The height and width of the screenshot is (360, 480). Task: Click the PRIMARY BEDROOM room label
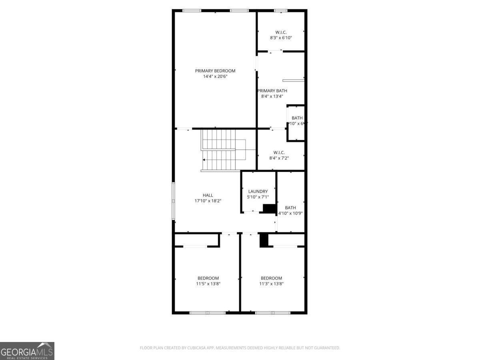pos(215,71)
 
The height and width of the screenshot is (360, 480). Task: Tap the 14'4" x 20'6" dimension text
pos(215,76)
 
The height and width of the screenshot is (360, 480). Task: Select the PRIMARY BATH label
pos(272,91)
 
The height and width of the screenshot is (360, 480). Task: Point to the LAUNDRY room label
pos(258,192)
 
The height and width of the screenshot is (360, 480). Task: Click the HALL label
pos(208,195)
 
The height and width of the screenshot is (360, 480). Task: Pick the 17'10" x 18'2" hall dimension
pos(208,201)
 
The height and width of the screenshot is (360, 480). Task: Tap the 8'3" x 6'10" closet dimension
pos(281,38)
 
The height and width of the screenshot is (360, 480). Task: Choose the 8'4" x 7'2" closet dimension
pos(279,158)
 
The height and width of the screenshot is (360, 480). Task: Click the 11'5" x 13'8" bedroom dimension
pos(208,284)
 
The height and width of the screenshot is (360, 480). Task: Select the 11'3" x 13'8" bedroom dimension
pos(271,284)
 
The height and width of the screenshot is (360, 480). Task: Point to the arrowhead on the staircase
pos(204,160)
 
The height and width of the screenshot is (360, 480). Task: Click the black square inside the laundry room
pos(269,208)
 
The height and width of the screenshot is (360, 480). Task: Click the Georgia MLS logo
pos(27,351)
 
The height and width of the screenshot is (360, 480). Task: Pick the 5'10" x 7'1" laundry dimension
pos(258,197)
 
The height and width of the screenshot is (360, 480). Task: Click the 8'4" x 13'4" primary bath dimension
pos(272,96)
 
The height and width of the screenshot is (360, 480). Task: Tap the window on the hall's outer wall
pos(173,201)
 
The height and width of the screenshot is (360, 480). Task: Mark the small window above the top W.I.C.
pos(280,10)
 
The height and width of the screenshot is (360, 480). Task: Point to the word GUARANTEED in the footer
pos(324,348)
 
